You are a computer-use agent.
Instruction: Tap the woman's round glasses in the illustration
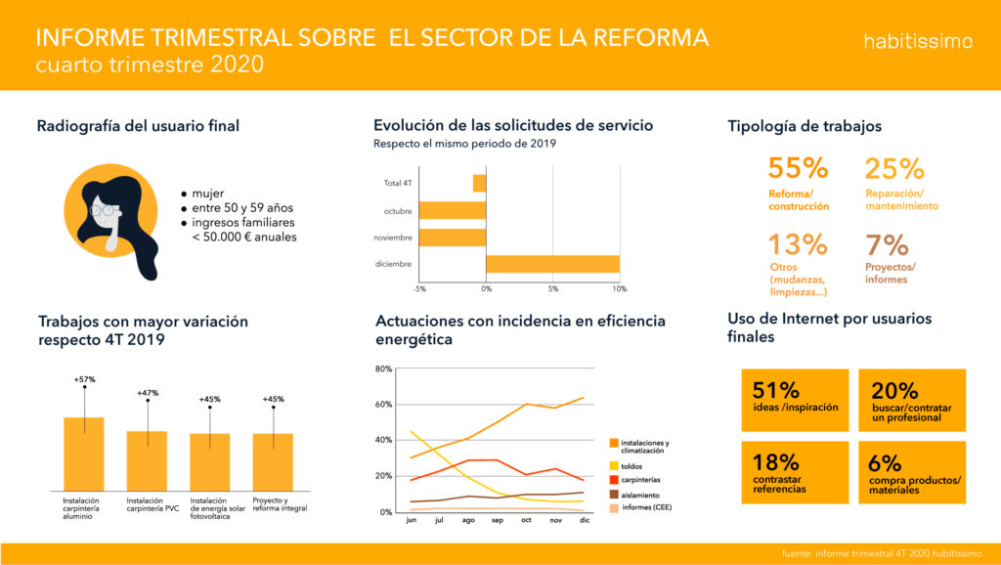[x=102, y=209]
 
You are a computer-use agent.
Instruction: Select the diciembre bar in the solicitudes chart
[x=552, y=264]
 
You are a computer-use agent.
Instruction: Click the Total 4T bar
[x=479, y=183]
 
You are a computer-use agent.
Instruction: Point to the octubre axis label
[x=398, y=210]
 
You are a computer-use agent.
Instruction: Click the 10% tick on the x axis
[x=620, y=289]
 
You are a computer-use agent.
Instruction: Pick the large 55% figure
[x=798, y=168]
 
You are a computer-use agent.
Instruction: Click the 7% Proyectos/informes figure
[x=887, y=244]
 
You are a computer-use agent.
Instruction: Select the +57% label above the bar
[x=83, y=379]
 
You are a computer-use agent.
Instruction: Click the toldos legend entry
[x=631, y=465]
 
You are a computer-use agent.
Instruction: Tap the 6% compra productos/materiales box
[x=911, y=472]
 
